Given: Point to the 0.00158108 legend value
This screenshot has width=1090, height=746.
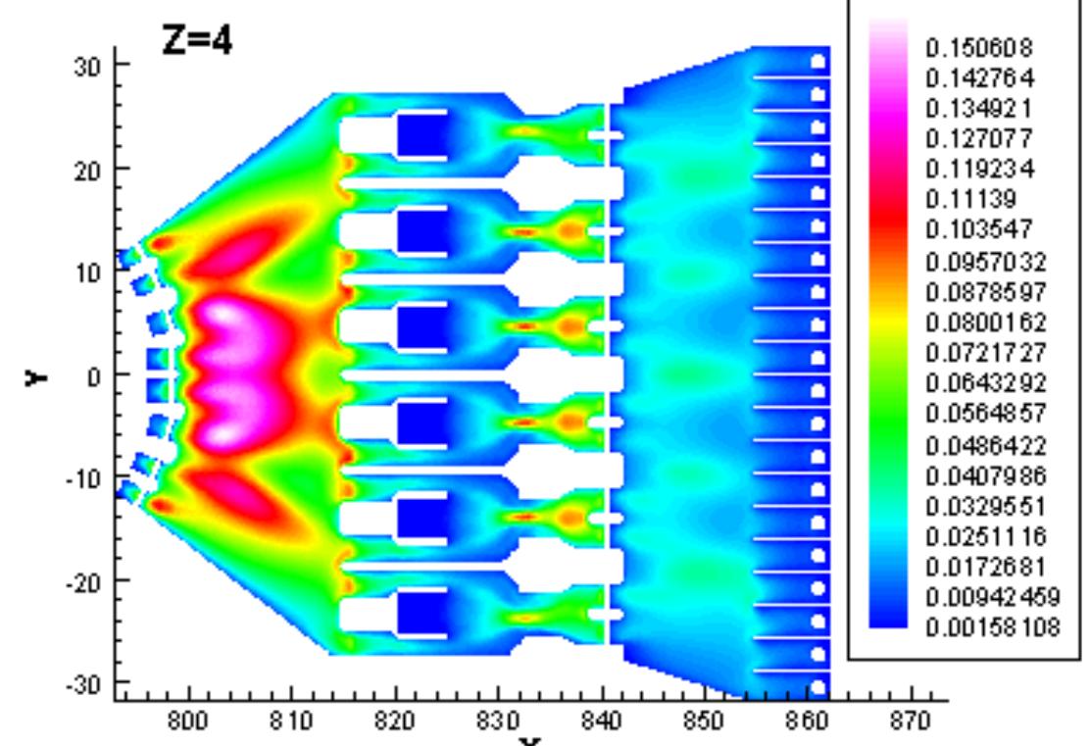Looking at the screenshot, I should [991, 627].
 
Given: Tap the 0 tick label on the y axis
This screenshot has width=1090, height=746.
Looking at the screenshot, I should [94, 374].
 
